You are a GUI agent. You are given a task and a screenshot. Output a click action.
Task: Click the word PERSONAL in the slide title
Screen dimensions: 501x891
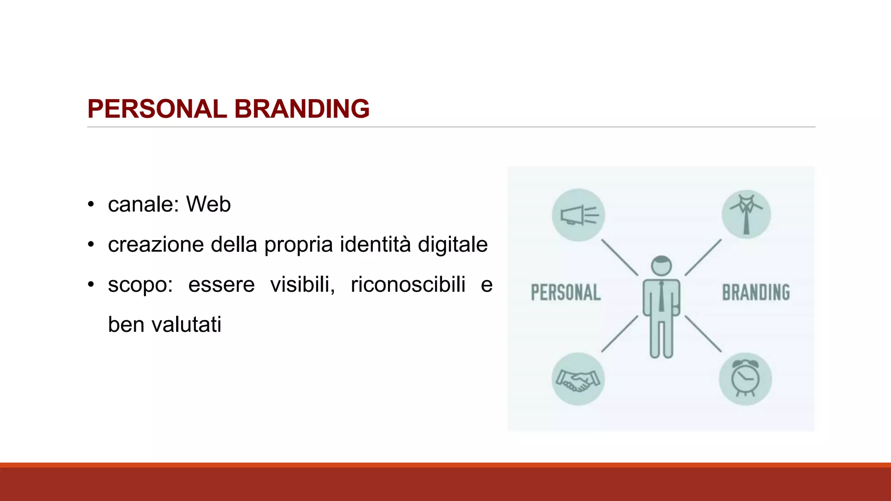click(x=157, y=109)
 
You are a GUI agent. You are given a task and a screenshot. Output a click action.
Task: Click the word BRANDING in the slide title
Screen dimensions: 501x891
click(x=302, y=109)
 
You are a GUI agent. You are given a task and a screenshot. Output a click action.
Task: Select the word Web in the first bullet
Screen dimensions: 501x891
click(x=208, y=204)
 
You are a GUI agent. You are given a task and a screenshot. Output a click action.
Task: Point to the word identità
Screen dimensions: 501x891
click(x=375, y=244)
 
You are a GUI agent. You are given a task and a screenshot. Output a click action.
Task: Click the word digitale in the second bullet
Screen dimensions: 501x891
click(x=452, y=245)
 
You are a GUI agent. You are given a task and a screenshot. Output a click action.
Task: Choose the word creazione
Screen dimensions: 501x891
click(x=156, y=244)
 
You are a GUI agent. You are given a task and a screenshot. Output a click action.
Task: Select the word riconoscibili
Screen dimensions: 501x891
click(x=408, y=284)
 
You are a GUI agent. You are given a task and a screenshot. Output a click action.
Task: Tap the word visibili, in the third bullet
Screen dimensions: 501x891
click(x=302, y=284)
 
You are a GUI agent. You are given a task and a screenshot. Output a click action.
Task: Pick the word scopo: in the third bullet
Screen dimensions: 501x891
click(x=140, y=285)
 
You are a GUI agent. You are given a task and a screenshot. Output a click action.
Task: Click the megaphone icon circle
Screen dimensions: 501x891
click(x=578, y=215)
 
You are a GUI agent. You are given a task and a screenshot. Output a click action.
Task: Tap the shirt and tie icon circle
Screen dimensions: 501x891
click(x=746, y=214)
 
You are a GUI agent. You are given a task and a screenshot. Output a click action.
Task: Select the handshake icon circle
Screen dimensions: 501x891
click(x=578, y=379)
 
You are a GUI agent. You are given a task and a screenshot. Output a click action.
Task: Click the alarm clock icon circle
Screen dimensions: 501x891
click(x=745, y=379)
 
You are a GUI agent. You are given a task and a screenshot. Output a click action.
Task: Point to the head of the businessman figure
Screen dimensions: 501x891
click(x=661, y=265)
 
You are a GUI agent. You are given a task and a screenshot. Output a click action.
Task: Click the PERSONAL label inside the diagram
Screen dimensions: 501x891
click(x=566, y=292)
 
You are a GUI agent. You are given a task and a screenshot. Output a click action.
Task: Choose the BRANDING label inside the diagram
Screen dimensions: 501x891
click(x=756, y=292)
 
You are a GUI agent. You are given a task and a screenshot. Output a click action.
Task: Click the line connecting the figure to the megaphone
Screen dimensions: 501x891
click(x=620, y=257)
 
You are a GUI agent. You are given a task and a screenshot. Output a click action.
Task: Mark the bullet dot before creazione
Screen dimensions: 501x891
click(x=90, y=244)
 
